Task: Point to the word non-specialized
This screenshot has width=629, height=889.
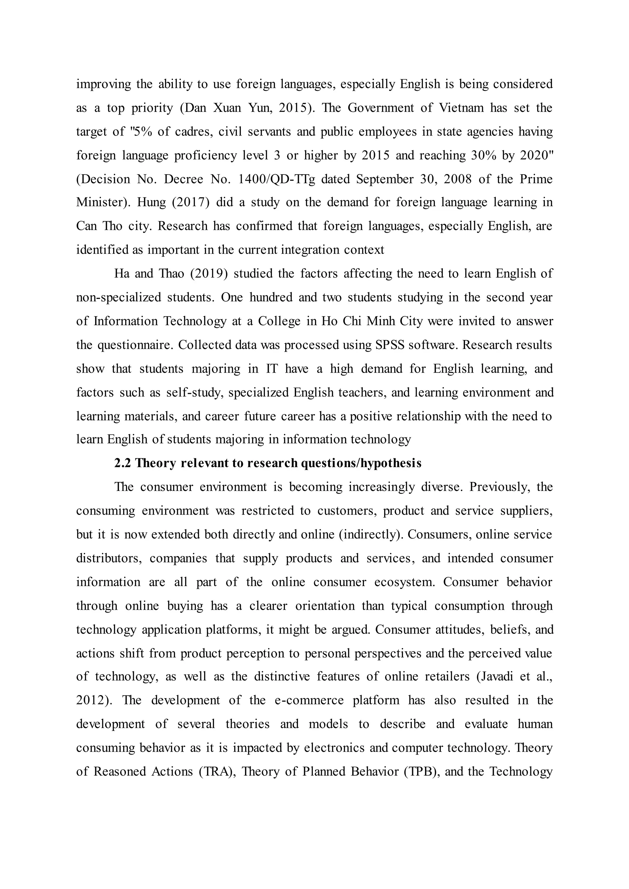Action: (x=119, y=297)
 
